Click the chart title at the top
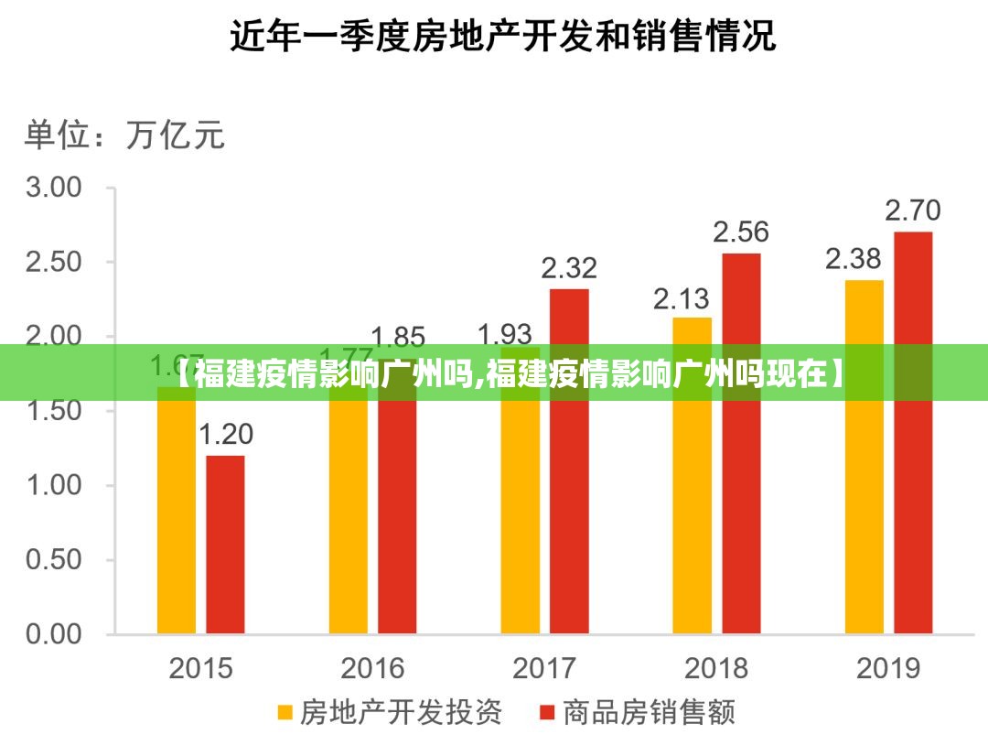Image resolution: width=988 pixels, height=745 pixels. tap(502, 37)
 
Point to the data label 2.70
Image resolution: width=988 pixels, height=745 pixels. tap(912, 211)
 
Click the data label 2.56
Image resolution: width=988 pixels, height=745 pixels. tap(741, 232)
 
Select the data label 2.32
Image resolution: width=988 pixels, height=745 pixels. tap(569, 268)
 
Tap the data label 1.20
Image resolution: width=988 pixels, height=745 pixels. tap(225, 435)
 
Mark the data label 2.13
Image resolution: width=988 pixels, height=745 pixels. tap(682, 297)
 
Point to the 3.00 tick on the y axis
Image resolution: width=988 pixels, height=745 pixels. tap(56, 188)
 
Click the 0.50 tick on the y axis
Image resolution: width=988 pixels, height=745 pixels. tap(56, 559)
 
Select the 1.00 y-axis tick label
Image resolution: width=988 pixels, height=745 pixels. tap(56, 485)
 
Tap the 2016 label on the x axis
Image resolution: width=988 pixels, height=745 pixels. tap(372, 668)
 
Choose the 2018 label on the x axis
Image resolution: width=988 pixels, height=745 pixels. tap(716, 668)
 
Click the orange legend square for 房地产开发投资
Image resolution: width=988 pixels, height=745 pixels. tap(285, 712)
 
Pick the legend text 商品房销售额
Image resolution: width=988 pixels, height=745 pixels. tap(648, 712)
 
